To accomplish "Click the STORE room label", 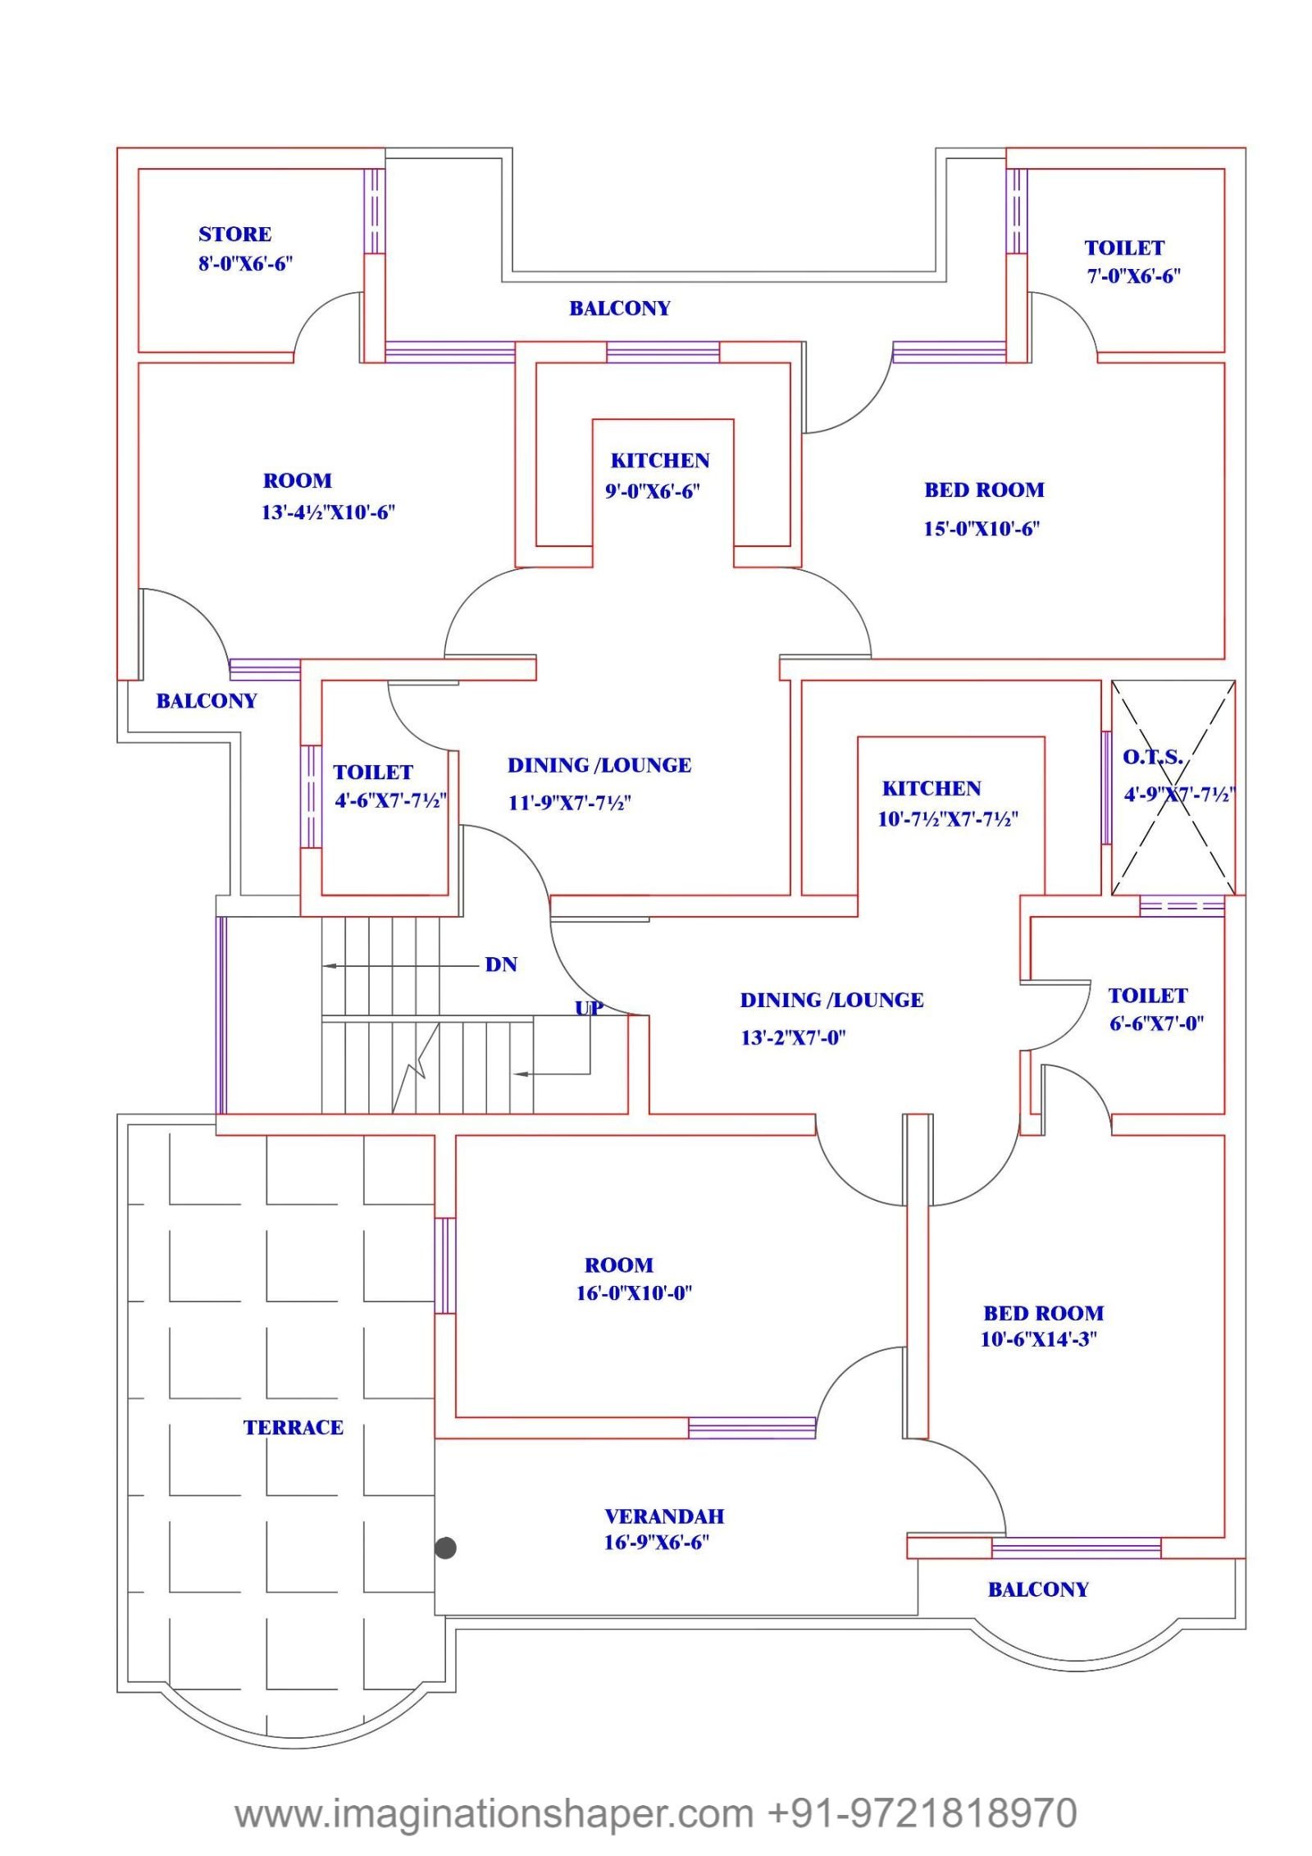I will tap(235, 235).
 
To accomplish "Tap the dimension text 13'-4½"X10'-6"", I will tap(328, 513).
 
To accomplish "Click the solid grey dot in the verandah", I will tap(445, 1548).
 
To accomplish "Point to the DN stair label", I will tap(501, 964).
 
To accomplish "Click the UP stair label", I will tap(589, 1008).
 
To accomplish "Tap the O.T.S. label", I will tap(1152, 757).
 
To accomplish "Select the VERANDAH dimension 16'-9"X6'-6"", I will tap(656, 1543).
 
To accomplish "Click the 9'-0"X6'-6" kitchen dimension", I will tap(653, 491).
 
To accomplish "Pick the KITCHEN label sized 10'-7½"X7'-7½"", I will tap(932, 789).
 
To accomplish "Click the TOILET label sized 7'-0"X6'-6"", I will tap(1124, 248).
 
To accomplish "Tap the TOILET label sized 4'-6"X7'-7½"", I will tap(373, 773).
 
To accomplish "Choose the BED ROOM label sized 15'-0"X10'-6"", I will tap(984, 490).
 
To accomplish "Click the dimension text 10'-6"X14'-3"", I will tap(1038, 1339).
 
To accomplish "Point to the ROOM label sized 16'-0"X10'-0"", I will tap(618, 1265).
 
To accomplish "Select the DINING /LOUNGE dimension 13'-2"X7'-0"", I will tap(793, 1038).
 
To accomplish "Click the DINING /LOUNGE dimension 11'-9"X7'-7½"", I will tap(569, 803).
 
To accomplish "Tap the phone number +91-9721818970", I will tap(922, 1813).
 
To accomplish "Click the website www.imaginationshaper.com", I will tap(494, 1813).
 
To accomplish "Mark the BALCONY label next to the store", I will tap(620, 308).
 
